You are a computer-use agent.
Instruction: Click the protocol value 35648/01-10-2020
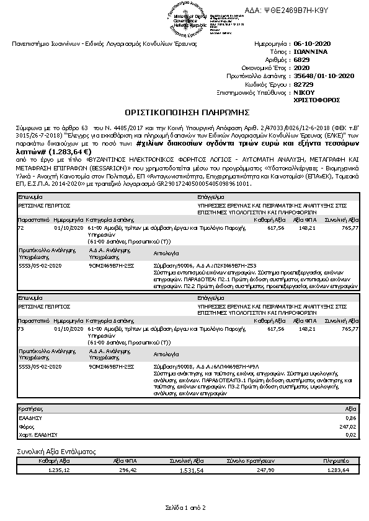click(x=323, y=76)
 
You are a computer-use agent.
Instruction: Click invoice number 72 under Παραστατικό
click(x=21, y=228)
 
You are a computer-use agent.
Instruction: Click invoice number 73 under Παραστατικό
click(x=21, y=329)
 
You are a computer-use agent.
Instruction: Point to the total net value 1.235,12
click(x=58, y=470)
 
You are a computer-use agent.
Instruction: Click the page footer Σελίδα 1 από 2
click(x=185, y=507)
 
